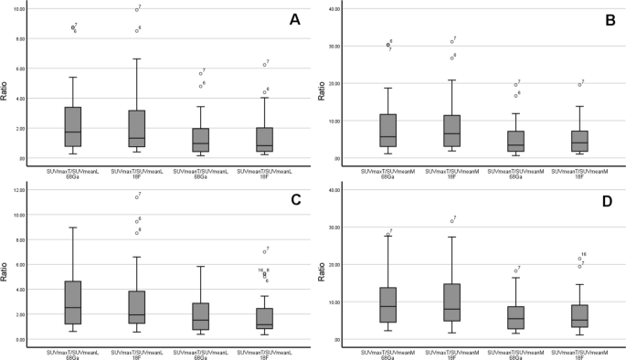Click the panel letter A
[294, 19]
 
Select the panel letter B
[609, 19]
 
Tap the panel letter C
[294, 198]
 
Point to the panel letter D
[609, 198]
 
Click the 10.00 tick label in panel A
[18, 9]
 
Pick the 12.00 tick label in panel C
[18, 190]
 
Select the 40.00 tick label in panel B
[334, 9]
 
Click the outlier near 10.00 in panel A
[136, 10]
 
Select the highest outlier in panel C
[136, 196]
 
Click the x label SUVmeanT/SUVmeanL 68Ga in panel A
[199, 174]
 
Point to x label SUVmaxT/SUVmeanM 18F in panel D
[451, 354]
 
